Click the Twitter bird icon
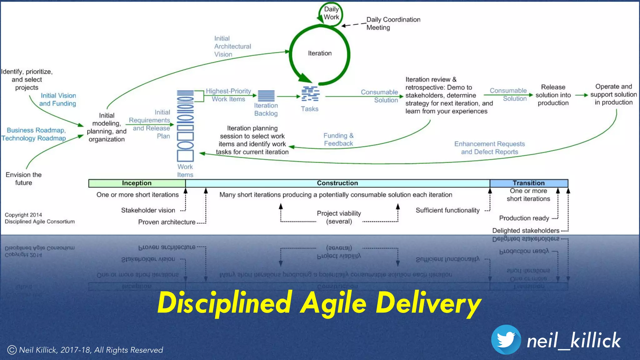click(506, 340)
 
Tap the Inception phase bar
click(137, 183)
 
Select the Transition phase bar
click(529, 183)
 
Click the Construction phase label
click(337, 183)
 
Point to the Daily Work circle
click(331, 13)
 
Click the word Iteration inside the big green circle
click(320, 53)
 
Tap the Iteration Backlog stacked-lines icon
click(266, 96)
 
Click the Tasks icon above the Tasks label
click(310, 94)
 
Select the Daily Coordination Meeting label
click(393, 23)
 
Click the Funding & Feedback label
click(338, 140)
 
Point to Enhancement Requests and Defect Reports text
click(489, 148)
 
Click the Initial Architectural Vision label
click(232, 46)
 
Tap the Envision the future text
click(24, 179)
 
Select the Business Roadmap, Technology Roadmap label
click(34, 134)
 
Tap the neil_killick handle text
click(573, 341)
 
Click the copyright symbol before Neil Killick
click(12, 350)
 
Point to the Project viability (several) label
click(339, 217)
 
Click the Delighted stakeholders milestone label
click(526, 231)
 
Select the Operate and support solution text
click(613, 94)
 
